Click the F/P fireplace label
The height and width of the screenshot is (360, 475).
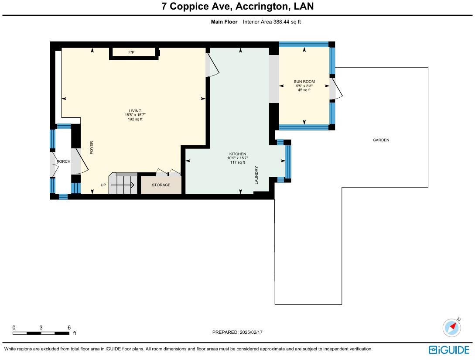pyautogui.click(x=131, y=52)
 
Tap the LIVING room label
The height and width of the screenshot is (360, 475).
pyautogui.click(x=135, y=111)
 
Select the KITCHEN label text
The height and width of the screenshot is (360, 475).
pyautogui.click(x=238, y=154)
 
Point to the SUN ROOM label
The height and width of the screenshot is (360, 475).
pyautogui.click(x=304, y=82)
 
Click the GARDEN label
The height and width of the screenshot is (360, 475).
pyautogui.click(x=381, y=140)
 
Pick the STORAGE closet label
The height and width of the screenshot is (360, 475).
pyautogui.click(x=161, y=185)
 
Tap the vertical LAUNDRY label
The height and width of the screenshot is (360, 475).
pyautogui.click(x=256, y=175)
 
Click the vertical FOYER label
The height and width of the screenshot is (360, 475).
pyautogui.click(x=92, y=148)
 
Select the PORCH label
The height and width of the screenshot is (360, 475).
pyautogui.click(x=64, y=161)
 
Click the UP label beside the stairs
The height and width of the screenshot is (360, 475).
pyautogui.click(x=103, y=185)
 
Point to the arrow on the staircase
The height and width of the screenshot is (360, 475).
pyautogui.click(x=123, y=185)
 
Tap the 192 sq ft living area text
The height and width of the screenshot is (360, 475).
pyautogui.click(x=135, y=120)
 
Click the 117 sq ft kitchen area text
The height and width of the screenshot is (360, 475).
pyautogui.click(x=238, y=162)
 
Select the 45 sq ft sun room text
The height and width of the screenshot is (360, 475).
pyautogui.click(x=304, y=90)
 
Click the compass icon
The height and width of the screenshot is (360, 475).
pyautogui.click(x=452, y=328)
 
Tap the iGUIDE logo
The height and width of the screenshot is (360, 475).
pyautogui.click(x=449, y=350)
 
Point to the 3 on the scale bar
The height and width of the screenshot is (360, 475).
pyautogui.click(x=41, y=328)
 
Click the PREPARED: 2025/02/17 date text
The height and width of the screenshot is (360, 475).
pyautogui.click(x=237, y=332)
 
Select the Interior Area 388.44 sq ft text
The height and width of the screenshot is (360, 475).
pyautogui.click(x=272, y=22)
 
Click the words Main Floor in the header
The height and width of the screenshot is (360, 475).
pyautogui.click(x=224, y=22)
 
